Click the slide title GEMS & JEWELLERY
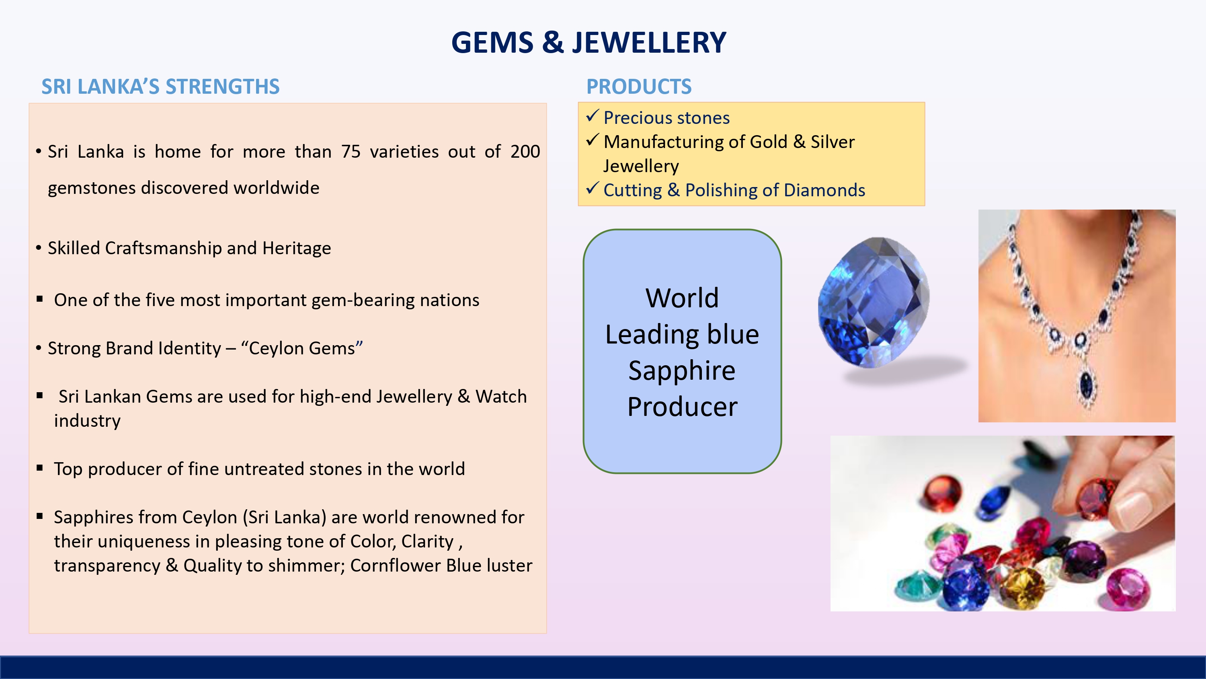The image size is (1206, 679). pyautogui.click(x=589, y=42)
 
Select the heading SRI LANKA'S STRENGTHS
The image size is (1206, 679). pyautogui.click(x=160, y=87)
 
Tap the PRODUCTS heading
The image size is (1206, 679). pyautogui.click(x=639, y=87)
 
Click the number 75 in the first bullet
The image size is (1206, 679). pyautogui.click(x=351, y=151)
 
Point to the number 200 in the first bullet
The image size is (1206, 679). pyautogui.click(x=525, y=151)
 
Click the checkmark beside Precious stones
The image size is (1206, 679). pyautogui.click(x=593, y=115)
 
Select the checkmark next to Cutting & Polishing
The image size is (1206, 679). pyautogui.click(x=593, y=188)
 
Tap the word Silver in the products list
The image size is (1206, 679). pyautogui.click(x=833, y=142)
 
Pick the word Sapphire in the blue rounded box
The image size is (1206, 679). pyautogui.click(x=682, y=370)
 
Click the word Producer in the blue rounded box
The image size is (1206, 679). pyautogui.click(x=682, y=406)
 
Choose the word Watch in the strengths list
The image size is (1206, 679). pyautogui.click(x=501, y=397)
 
